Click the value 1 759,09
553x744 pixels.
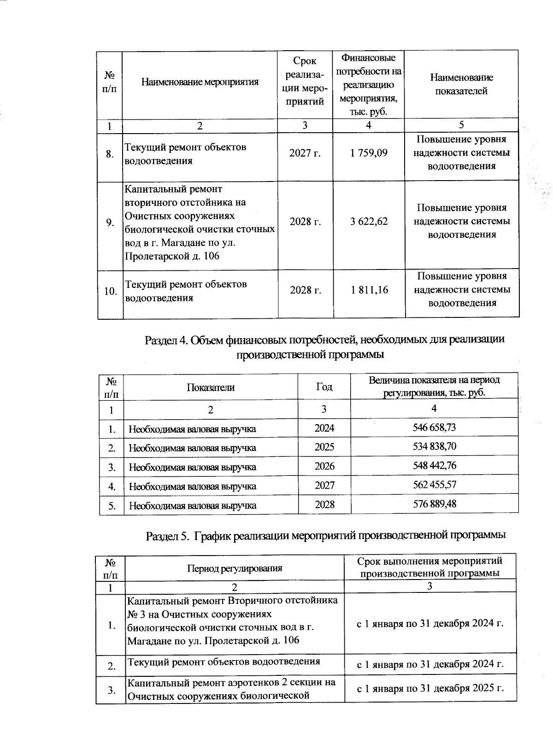[x=369, y=153]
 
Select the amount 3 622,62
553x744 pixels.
[x=369, y=222]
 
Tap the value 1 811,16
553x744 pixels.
[x=369, y=290]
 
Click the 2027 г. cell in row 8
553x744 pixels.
[x=305, y=153]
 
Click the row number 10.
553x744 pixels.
[x=110, y=292]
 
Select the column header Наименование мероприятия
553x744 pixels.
[x=200, y=82]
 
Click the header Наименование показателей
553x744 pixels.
[x=461, y=84]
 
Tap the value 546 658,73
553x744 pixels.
[x=434, y=428]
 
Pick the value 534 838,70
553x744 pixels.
[x=434, y=447]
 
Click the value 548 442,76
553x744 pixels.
[x=434, y=466]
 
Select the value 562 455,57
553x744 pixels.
[x=434, y=485]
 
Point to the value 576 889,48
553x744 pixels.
[x=434, y=504]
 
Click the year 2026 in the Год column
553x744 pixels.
[x=324, y=466]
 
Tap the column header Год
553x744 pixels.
[x=324, y=387]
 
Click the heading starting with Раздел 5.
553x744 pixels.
[x=326, y=536]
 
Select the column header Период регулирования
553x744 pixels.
[x=234, y=568]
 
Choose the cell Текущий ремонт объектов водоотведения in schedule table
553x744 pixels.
[x=224, y=662]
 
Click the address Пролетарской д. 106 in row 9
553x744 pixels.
[x=171, y=256]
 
